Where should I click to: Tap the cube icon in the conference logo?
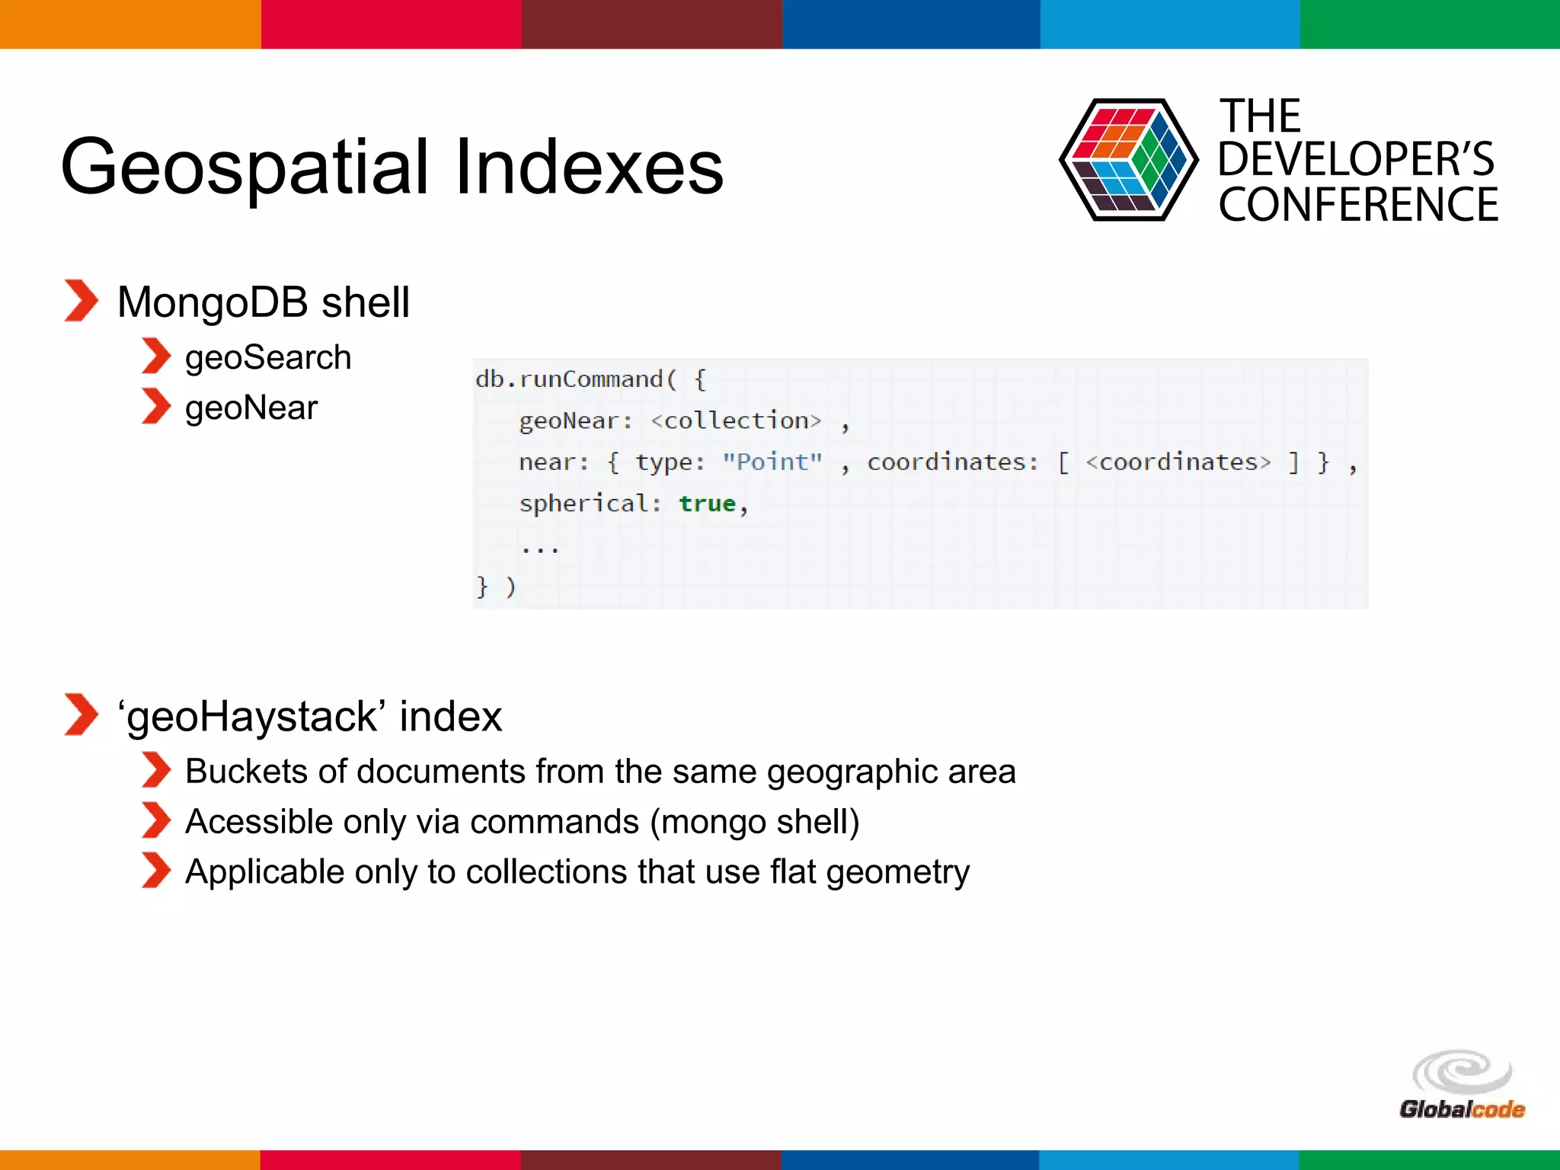coord(1127,160)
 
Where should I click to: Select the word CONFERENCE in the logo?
coord(1358,205)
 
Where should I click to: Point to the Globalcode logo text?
coord(1462,1109)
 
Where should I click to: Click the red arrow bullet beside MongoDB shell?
coord(81,301)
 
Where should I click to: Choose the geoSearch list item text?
coord(268,358)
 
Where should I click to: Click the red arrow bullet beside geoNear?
coord(156,407)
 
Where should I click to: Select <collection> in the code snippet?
coord(736,420)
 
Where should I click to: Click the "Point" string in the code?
coord(772,462)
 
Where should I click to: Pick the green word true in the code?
coord(707,503)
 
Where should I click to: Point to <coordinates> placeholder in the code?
coord(1178,462)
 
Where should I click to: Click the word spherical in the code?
coord(583,503)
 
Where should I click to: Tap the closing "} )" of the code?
coord(496,587)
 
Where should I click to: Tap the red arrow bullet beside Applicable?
coord(156,871)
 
